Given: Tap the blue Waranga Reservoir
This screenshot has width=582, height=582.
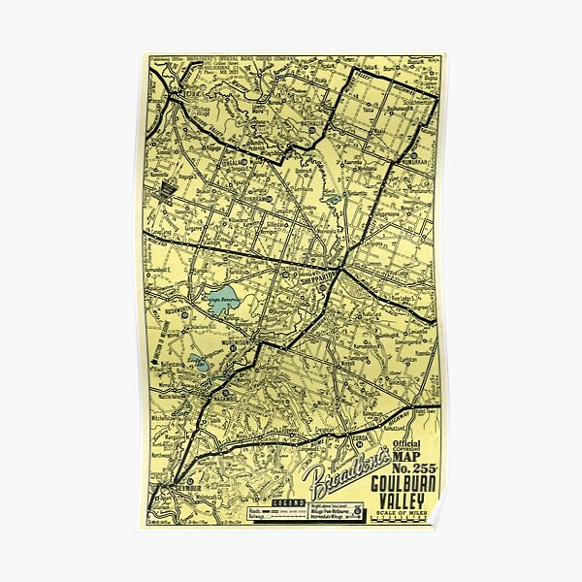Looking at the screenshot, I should coord(224,300).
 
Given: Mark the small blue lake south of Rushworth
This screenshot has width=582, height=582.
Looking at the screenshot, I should coord(197,364).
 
